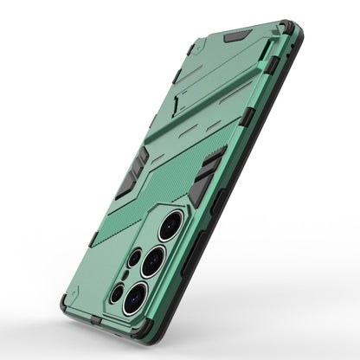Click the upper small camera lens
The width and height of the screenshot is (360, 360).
(x=133, y=257)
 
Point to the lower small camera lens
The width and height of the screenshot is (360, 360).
(x=117, y=292)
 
